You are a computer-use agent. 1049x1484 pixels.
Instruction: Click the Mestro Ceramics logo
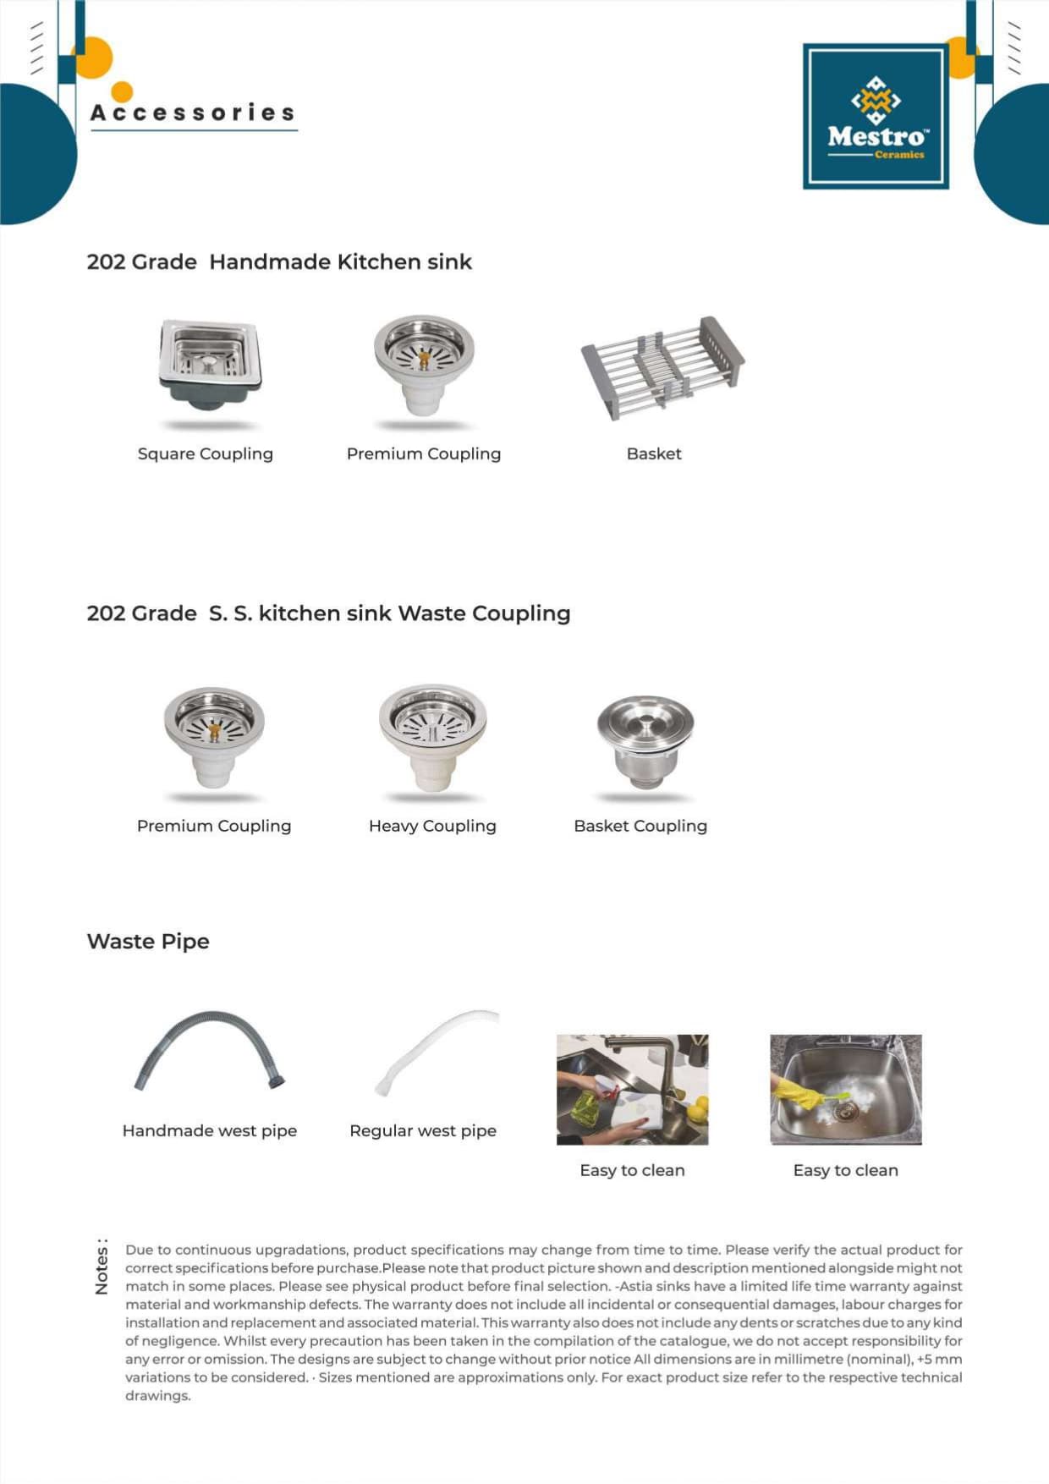coord(876,116)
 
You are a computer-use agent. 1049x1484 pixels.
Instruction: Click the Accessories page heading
coord(193,113)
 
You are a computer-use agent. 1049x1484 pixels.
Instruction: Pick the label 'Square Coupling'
coord(206,453)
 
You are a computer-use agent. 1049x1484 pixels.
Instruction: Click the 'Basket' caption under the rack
coord(654,453)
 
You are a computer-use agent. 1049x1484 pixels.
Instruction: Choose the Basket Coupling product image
coord(645,739)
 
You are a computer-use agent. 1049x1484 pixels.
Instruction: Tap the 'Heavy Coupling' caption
coord(432,826)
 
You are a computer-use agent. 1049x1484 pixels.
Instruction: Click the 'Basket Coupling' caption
coord(640,826)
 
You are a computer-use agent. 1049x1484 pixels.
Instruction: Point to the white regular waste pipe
coord(436,1049)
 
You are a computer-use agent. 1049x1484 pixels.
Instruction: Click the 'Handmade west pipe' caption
coord(210,1130)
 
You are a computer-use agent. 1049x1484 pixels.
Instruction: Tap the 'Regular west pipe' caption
coord(423,1130)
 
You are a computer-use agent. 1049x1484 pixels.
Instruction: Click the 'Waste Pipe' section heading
coord(148,941)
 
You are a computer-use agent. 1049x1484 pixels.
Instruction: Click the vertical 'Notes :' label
coord(102,1267)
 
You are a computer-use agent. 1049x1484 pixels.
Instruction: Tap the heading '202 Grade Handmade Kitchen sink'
coord(279,261)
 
